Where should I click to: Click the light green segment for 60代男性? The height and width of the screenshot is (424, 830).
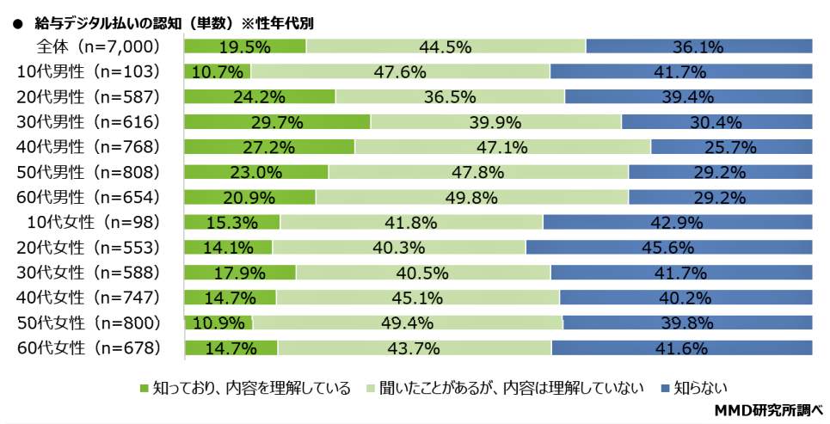coord(472,197)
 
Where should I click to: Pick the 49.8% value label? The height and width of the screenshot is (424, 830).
coord(472,197)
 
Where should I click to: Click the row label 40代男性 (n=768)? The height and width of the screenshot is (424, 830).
coord(89,146)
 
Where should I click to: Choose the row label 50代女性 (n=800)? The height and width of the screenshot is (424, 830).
coord(89,323)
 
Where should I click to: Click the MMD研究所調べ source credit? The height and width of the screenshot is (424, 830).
coord(769,410)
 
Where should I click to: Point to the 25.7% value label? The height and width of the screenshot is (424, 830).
coord(731,146)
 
